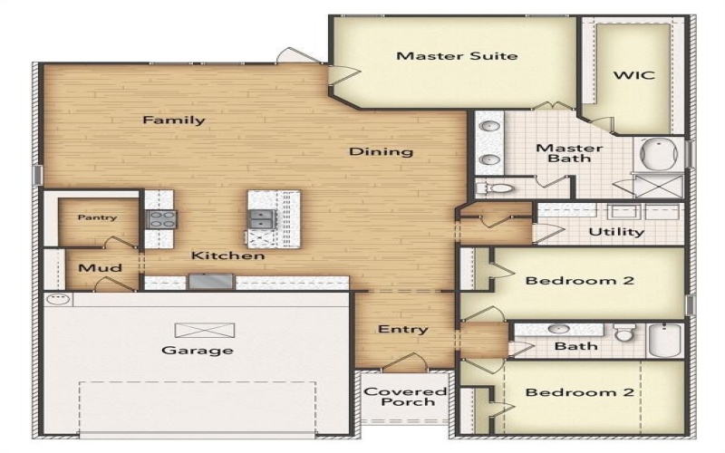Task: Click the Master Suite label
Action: pos(457,56)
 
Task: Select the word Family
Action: pos(173,120)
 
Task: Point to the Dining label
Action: pos(381,151)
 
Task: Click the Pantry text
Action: pos(97,217)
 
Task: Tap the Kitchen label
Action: pos(227,256)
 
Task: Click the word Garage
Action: pos(197,350)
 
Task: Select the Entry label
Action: pos(402,329)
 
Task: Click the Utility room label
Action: pos(616,232)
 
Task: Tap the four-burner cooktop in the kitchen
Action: pos(162,218)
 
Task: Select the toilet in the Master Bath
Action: pos(495,188)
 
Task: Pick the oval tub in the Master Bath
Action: pos(662,154)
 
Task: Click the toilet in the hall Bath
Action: pos(624,333)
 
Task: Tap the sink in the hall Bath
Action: pos(559,329)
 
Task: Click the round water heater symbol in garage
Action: pos(57,298)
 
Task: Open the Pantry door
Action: pos(121,243)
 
